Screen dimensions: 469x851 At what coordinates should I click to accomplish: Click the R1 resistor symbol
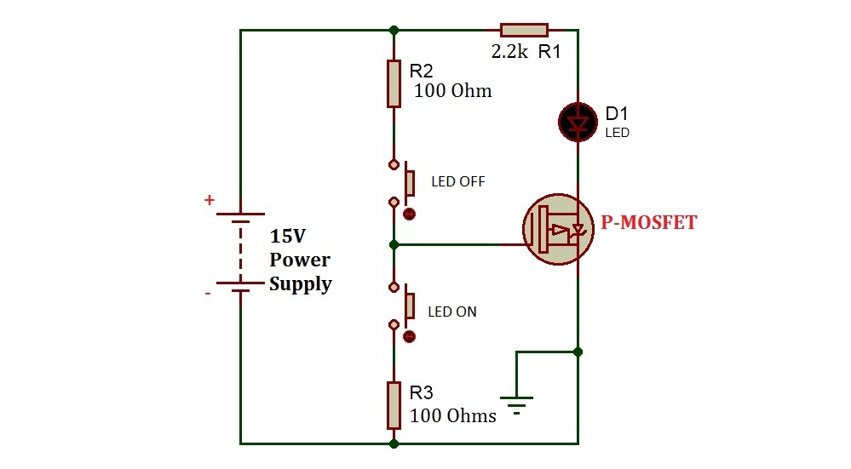[x=523, y=30]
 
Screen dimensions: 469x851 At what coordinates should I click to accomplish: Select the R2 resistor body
[x=394, y=83]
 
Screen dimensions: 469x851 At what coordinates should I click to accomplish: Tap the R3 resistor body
[x=394, y=405]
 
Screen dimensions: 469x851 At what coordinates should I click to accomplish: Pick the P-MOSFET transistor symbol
[x=557, y=228]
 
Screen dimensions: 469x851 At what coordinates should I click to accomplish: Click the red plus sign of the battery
[x=209, y=201]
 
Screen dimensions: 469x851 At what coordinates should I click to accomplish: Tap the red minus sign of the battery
[x=207, y=294]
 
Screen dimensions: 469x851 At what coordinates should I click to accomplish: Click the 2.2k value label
[x=509, y=51]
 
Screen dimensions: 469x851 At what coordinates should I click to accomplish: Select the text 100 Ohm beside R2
[x=452, y=91]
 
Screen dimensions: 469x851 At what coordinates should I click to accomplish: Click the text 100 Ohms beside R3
[x=452, y=415]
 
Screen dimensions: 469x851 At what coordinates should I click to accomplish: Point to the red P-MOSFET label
[x=648, y=223]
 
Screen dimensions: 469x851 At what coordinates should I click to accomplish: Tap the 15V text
[x=286, y=237]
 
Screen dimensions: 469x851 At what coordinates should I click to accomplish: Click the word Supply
[x=300, y=284]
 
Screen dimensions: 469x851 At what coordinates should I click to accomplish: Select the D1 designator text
[x=618, y=113]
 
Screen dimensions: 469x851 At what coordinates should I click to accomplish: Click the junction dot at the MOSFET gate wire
[x=394, y=244]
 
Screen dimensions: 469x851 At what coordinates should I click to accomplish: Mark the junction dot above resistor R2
[x=394, y=30]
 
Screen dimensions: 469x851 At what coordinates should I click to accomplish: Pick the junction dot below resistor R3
[x=394, y=443]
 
